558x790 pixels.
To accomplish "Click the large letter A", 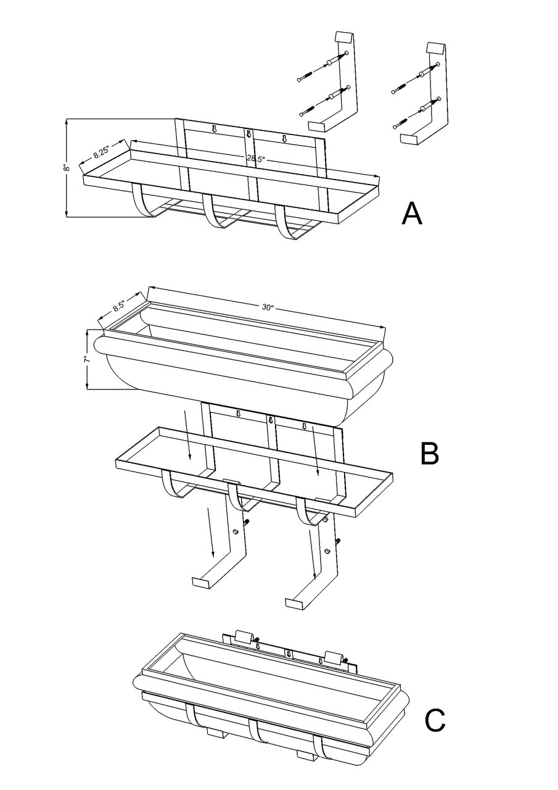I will coord(412,214).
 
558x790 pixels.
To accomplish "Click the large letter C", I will coord(435,719).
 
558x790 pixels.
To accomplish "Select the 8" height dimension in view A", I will coord(71,167).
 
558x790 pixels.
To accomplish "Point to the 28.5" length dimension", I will coord(253,158).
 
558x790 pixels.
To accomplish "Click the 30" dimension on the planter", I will coord(267,307).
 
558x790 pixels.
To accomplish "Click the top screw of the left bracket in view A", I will coord(305,77).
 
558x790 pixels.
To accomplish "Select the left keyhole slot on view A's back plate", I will coord(214,129).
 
